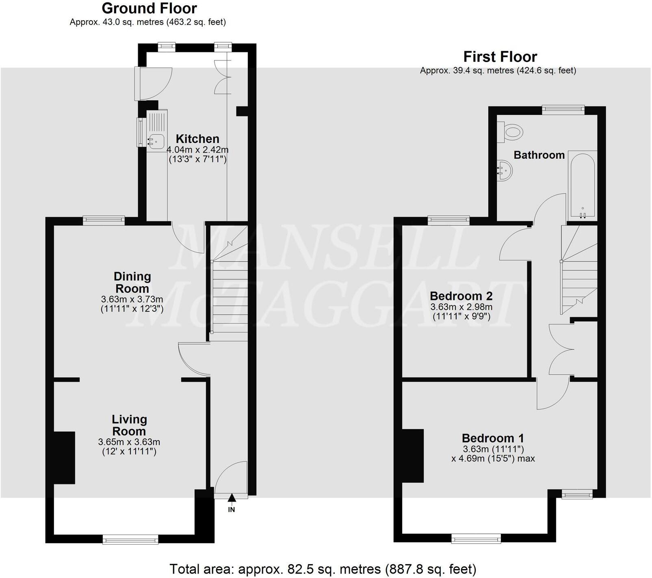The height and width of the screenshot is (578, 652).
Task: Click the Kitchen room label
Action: coord(197,139)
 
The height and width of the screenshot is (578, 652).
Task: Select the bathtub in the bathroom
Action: coord(582,185)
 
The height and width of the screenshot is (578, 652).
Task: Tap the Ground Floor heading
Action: coord(149,8)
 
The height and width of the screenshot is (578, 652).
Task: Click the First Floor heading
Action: coord(500,56)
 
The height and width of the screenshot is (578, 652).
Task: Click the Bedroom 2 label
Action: coord(461,295)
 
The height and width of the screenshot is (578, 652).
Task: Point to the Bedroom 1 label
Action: coord(493,438)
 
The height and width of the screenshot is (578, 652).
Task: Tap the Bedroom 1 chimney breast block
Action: coord(413,456)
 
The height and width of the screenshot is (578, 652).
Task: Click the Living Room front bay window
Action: coord(130,539)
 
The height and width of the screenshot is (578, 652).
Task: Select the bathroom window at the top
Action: coord(563,108)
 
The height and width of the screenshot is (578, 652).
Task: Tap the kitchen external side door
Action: coord(154,83)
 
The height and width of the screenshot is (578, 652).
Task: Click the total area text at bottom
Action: coord(323,569)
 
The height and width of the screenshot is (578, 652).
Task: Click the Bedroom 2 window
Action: coord(448,220)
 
